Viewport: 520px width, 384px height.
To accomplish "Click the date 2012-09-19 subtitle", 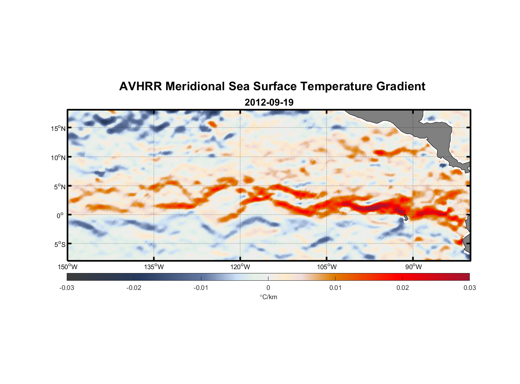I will click(x=269, y=103).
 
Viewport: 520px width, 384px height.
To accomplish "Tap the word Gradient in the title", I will click(x=400, y=86).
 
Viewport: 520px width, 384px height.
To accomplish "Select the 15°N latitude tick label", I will click(x=58, y=128).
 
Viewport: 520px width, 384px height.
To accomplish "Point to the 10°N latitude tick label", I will click(x=58, y=157).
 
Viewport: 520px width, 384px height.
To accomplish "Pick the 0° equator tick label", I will click(x=61, y=215).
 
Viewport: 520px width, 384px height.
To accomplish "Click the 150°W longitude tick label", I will click(x=67, y=267).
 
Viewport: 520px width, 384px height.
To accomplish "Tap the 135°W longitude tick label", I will click(x=154, y=267).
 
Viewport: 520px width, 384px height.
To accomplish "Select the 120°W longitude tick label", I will click(x=240, y=267).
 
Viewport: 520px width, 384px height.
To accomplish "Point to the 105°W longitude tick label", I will click(x=327, y=267).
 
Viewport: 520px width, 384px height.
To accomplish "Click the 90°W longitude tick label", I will click(x=413, y=267).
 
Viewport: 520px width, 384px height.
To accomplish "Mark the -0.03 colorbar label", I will click(x=67, y=288).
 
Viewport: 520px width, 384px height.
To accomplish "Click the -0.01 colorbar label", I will click(x=201, y=288).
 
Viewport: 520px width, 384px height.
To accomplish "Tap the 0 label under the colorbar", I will click(x=268, y=288).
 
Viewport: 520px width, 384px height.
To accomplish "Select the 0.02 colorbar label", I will click(x=403, y=288).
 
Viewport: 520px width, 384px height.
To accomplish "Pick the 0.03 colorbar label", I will click(x=469, y=288).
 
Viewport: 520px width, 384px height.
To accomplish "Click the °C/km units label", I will click(x=268, y=297).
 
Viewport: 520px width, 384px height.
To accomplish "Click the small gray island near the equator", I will click(x=406, y=218).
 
